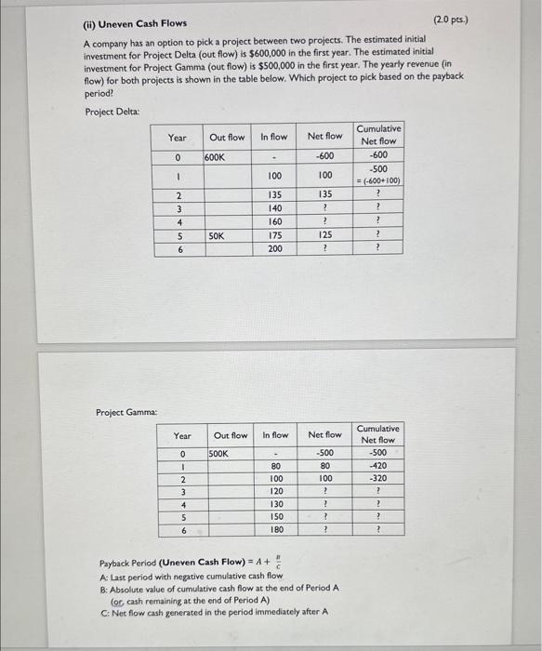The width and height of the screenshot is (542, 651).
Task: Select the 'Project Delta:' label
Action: [x=112, y=112]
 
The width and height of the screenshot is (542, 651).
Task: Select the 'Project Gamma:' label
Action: [x=127, y=411]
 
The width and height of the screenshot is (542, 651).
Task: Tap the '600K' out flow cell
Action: [x=219, y=157]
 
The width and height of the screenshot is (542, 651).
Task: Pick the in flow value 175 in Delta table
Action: [x=275, y=236]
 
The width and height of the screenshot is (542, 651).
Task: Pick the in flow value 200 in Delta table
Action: [x=275, y=248]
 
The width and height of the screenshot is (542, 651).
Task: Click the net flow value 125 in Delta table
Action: [x=325, y=236]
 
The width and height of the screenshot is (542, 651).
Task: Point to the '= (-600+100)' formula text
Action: [x=378, y=180]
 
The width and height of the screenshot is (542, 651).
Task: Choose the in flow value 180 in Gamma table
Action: [x=275, y=529]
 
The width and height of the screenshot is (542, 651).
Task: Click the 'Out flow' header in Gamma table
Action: [x=231, y=435]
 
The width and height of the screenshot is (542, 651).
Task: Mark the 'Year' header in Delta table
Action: [x=177, y=138]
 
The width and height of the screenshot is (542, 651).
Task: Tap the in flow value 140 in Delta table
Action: [x=275, y=209]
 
